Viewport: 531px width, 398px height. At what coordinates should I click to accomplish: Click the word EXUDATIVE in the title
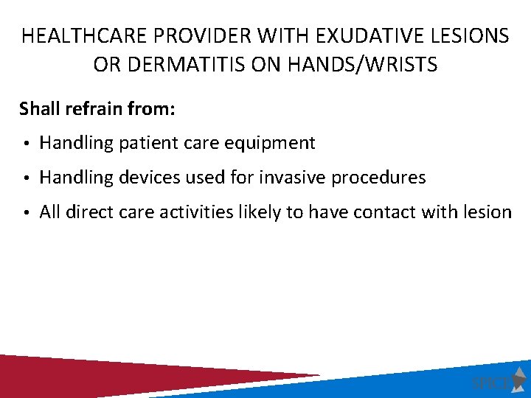(x=367, y=36)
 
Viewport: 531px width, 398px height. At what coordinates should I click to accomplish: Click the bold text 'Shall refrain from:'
(x=97, y=109)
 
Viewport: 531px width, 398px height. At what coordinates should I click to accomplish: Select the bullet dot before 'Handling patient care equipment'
(x=26, y=144)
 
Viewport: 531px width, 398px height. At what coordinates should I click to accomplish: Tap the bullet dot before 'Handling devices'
(x=26, y=178)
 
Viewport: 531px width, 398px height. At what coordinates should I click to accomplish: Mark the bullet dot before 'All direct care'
(x=26, y=213)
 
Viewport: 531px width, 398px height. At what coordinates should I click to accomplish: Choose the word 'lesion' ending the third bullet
(x=487, y=212)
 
